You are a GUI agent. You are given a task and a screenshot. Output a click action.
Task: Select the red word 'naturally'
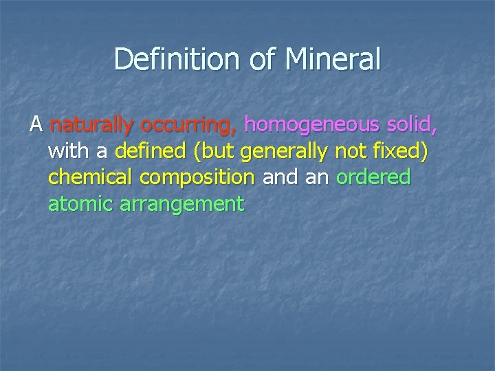(x=93, y=126)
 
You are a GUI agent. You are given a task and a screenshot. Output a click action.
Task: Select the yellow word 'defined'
(x=143, y=152)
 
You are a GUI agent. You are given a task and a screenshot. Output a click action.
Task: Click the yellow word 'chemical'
(x=91, y=178)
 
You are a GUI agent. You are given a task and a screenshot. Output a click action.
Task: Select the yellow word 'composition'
(x=197, y=178)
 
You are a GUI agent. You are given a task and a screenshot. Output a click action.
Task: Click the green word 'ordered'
(x=374, y=178)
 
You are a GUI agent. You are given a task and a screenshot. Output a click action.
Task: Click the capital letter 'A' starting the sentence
(x=36, y=126)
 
